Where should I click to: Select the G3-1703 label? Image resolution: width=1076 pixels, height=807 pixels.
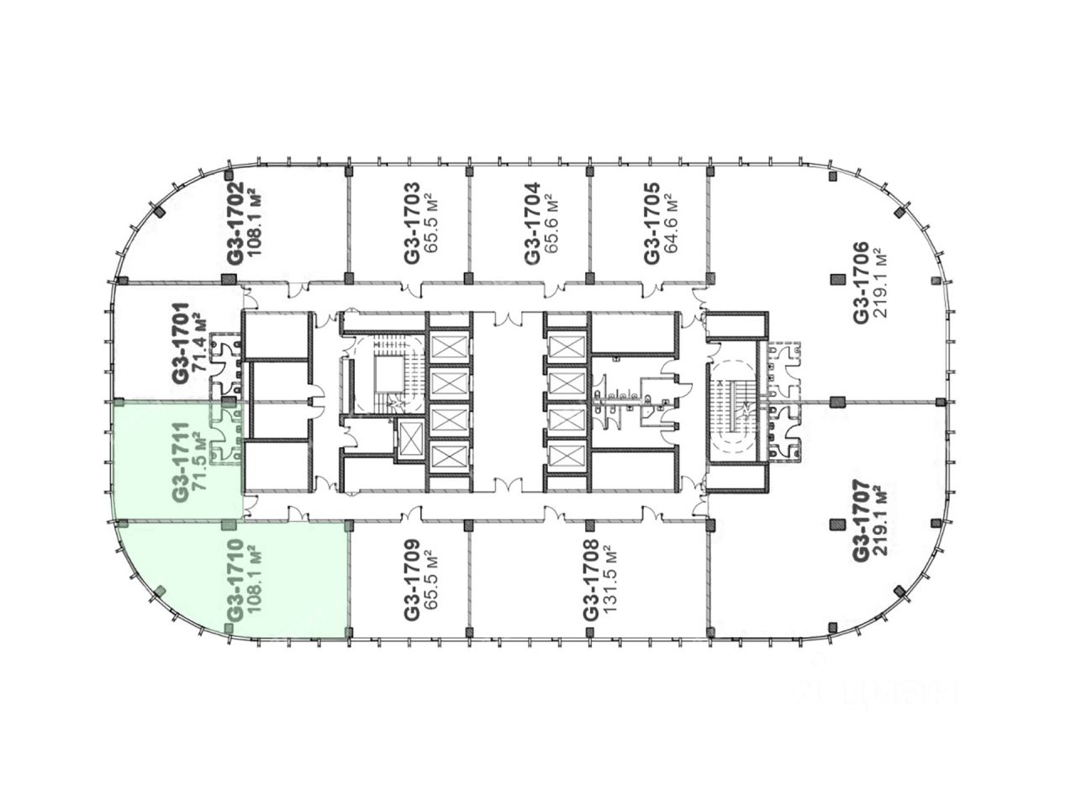[x=410, y=223]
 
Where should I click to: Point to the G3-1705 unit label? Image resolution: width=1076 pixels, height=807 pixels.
[x=651, y=223]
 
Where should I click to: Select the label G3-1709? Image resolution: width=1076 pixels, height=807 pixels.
[x=410, y=580]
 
